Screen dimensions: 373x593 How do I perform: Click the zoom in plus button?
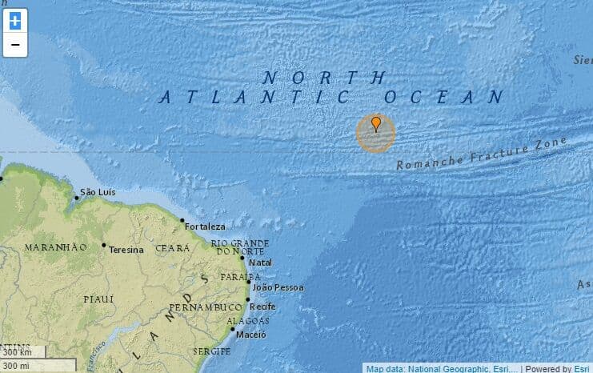tap(14, 22)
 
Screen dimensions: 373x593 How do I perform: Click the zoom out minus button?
tap(14, 45)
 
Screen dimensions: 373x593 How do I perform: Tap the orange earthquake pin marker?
tap(376, 125)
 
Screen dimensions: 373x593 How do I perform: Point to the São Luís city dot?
tap(77, 197)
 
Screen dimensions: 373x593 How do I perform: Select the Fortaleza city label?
tap(205, 227)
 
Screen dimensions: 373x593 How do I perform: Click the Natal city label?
tap(261, 263)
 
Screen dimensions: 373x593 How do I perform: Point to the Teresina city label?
tap(126, 250)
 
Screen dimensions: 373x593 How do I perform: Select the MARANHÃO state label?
tap(55, 247)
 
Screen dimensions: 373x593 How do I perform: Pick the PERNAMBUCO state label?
tap(205, 307)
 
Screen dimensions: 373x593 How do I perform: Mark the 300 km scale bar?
tap(22, 352)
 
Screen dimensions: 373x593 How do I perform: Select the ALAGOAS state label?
tap(242, 321)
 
